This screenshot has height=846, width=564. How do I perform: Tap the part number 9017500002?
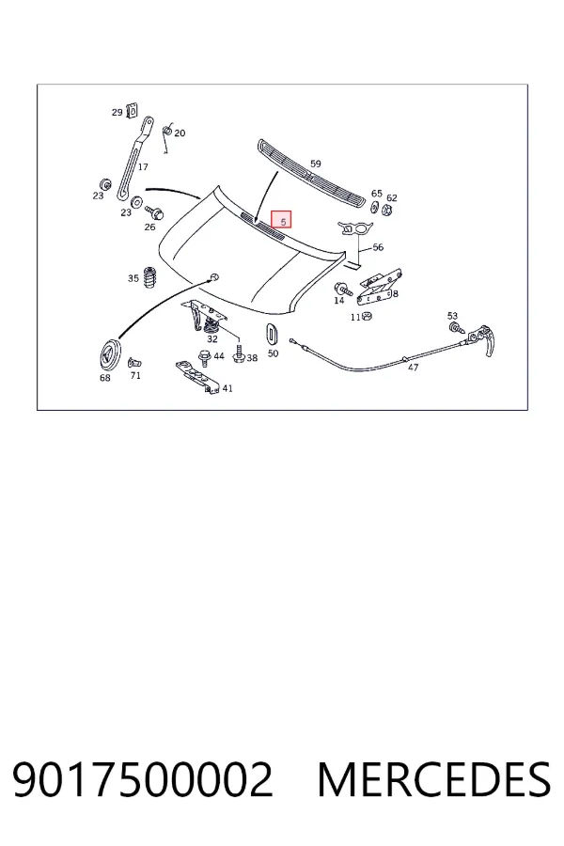(x=143, y=779)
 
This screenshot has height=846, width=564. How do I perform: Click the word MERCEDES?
(x=434, y=779)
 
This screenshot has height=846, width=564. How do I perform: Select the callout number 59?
(x=315, y=164)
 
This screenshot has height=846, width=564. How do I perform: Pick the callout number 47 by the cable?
(x=413, y=368)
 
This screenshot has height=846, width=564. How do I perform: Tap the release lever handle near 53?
(x=482, y=340)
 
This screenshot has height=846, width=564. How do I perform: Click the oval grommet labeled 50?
(x=273, y=333)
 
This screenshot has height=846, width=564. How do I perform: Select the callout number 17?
(x=143, y=166)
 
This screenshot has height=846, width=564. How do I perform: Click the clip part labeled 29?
(x=132, y=110)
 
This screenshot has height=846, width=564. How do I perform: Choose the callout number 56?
(x=378, y=247)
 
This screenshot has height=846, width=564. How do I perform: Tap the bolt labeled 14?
(x=343, y=289)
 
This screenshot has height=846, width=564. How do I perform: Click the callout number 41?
(x=227, y=388)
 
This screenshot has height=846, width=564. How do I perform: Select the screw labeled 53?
(x=456, y=328)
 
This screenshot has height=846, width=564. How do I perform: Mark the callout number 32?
(x=212, y=338)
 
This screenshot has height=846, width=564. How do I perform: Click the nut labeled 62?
(x=387, y=210)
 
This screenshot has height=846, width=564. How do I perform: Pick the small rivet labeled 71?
(x=133, y=363)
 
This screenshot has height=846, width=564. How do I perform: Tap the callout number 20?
(x=180, y=133)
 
